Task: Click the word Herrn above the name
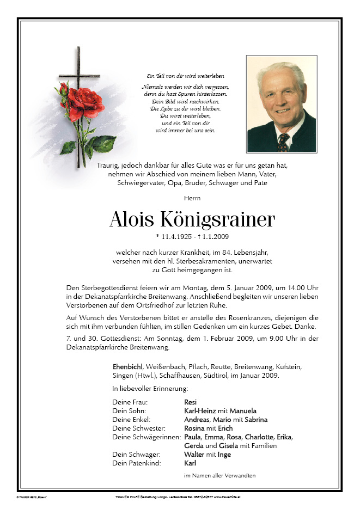pos(180,201)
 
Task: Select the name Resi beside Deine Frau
pos(191,402)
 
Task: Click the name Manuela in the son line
pos(243,410)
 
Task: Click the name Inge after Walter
pos(224,454)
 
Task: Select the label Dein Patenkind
pos(136,463)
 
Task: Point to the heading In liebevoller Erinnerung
pos(150,389)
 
